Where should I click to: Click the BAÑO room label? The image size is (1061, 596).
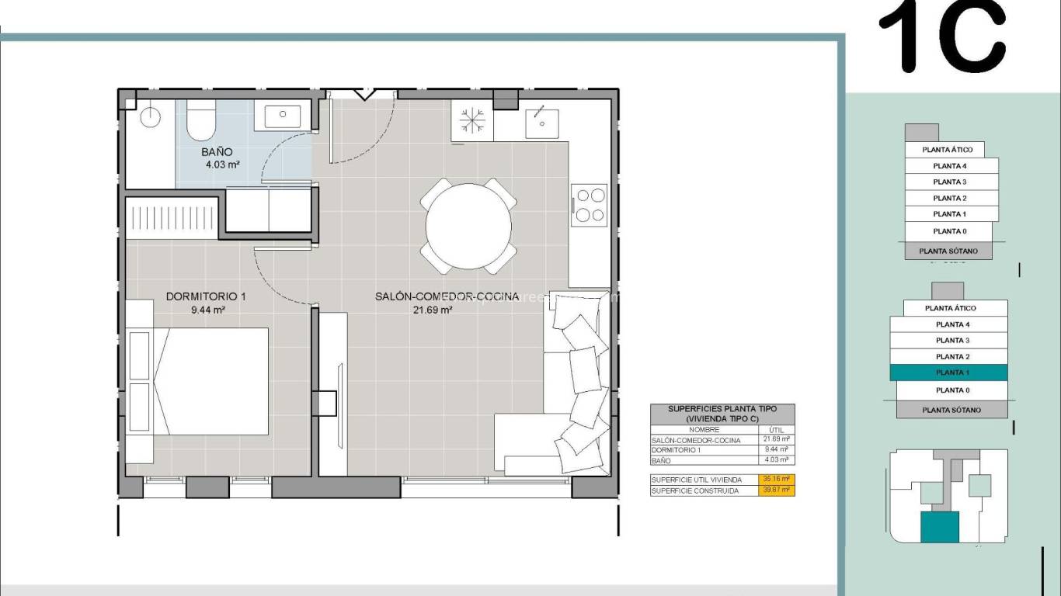217,152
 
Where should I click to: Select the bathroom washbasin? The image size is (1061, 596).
282,116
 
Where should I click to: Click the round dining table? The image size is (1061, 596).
468,227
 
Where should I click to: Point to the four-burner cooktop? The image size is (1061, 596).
588,205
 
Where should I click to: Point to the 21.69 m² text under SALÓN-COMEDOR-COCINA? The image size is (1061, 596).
433,310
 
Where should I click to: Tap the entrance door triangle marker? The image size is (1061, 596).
364,95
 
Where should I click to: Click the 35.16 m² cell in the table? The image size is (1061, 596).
775,480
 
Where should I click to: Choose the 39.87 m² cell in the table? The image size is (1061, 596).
775,490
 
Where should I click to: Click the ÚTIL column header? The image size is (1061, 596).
775,430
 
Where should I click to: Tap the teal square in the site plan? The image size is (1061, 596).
939,527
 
